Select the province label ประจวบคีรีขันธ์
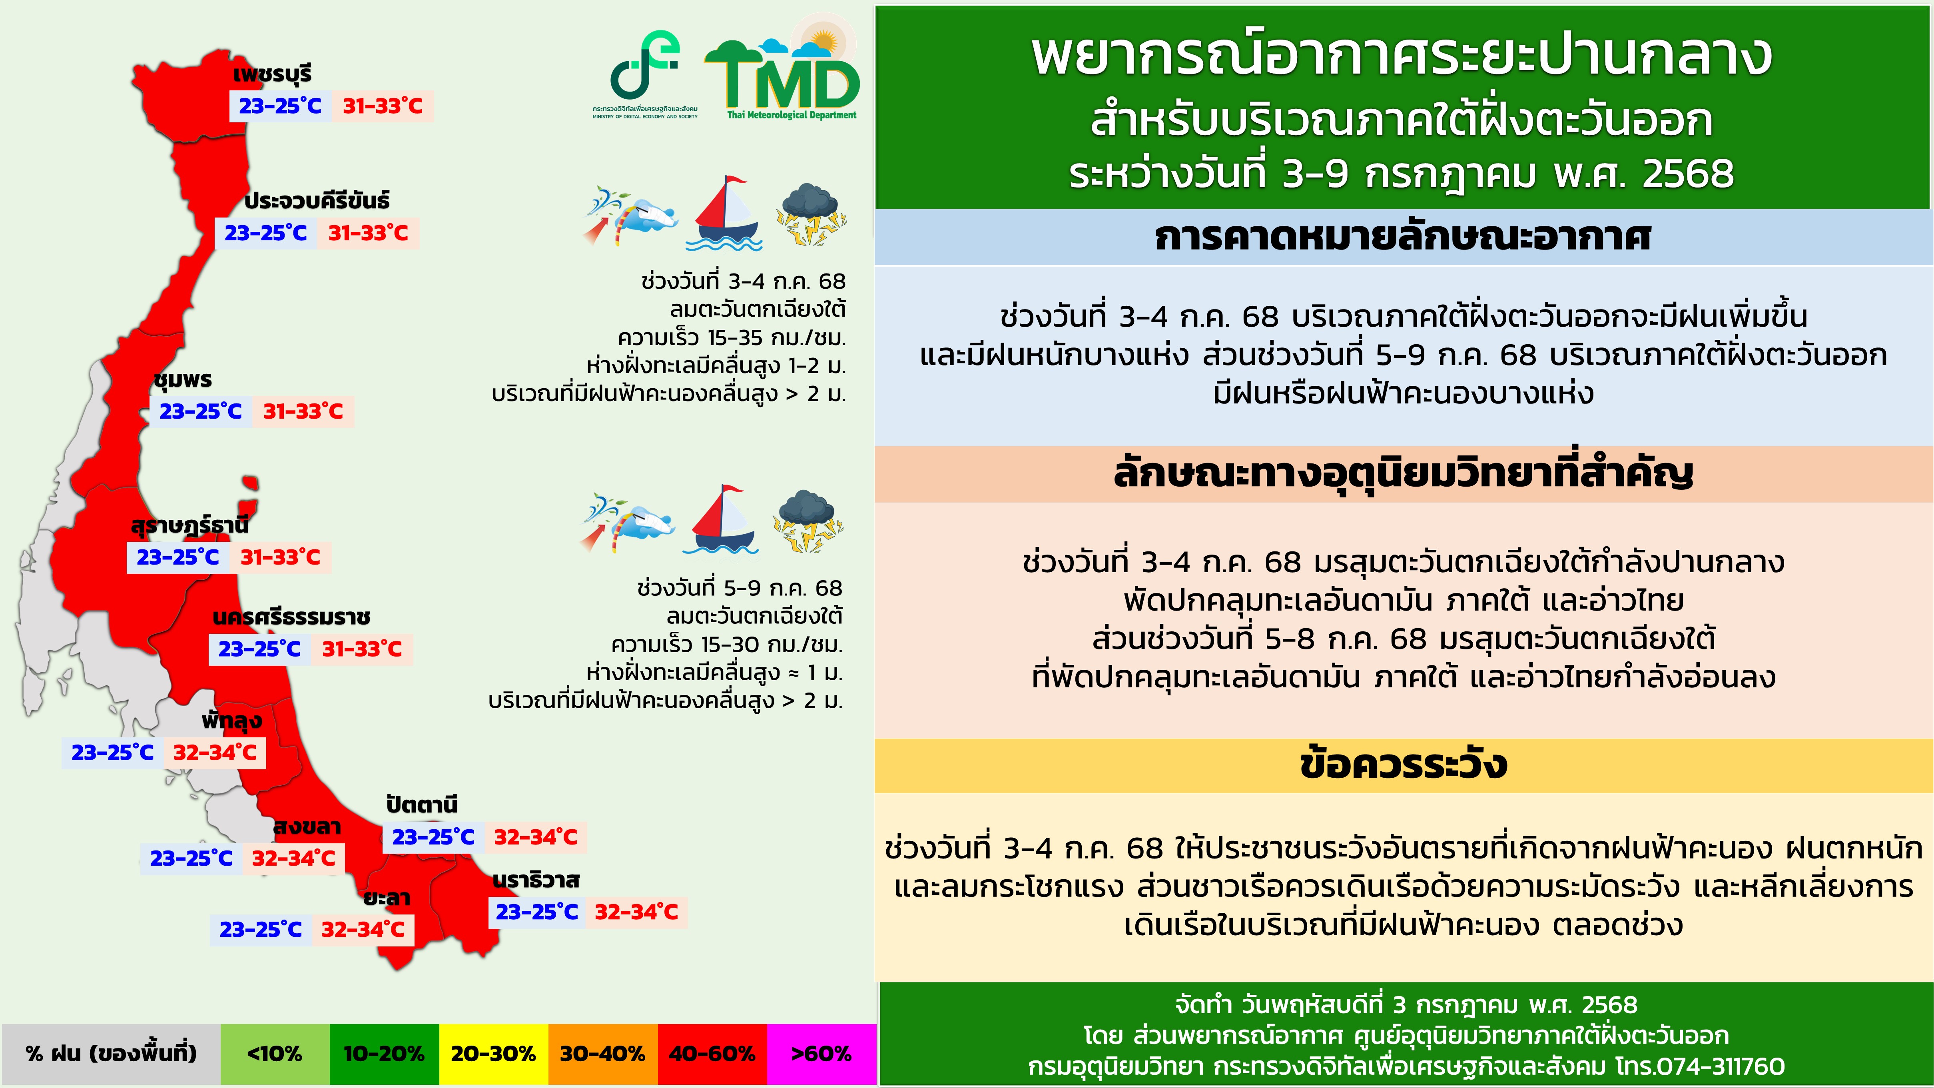(317, 200)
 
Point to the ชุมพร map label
(183, 380)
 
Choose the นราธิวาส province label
(536, 880)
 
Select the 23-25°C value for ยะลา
(261, 930)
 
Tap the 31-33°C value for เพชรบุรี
(383, 106)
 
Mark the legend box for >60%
(821, 1054)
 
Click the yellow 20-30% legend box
(493, 1054)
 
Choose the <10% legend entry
(275, 1054)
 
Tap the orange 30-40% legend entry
(603, 1054)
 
